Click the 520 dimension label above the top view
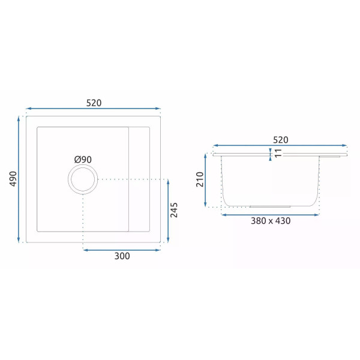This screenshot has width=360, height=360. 94,103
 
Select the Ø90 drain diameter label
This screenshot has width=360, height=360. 83,159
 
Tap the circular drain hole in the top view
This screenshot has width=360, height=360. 82,179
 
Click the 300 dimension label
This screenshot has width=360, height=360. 122,256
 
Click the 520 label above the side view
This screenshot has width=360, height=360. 280,139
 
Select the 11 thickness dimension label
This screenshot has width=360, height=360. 277,154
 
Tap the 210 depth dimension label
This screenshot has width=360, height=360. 200,179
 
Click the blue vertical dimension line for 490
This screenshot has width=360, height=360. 20,179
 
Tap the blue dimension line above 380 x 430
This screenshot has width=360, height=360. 269,213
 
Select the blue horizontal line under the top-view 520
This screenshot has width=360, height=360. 94,109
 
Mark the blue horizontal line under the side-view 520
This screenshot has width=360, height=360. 280,145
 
